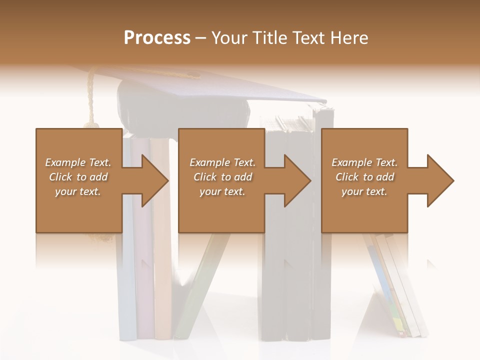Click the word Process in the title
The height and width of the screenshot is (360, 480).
point(157,38)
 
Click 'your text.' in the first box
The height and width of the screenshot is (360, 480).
point(78,191)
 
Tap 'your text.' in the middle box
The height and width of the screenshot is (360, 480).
point(222,191)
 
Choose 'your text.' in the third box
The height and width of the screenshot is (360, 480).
point(364,191)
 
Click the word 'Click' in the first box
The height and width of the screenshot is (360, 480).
point(60,177)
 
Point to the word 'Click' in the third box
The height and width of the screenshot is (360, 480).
point(346,177)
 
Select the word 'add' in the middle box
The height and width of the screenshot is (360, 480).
point(243,177)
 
